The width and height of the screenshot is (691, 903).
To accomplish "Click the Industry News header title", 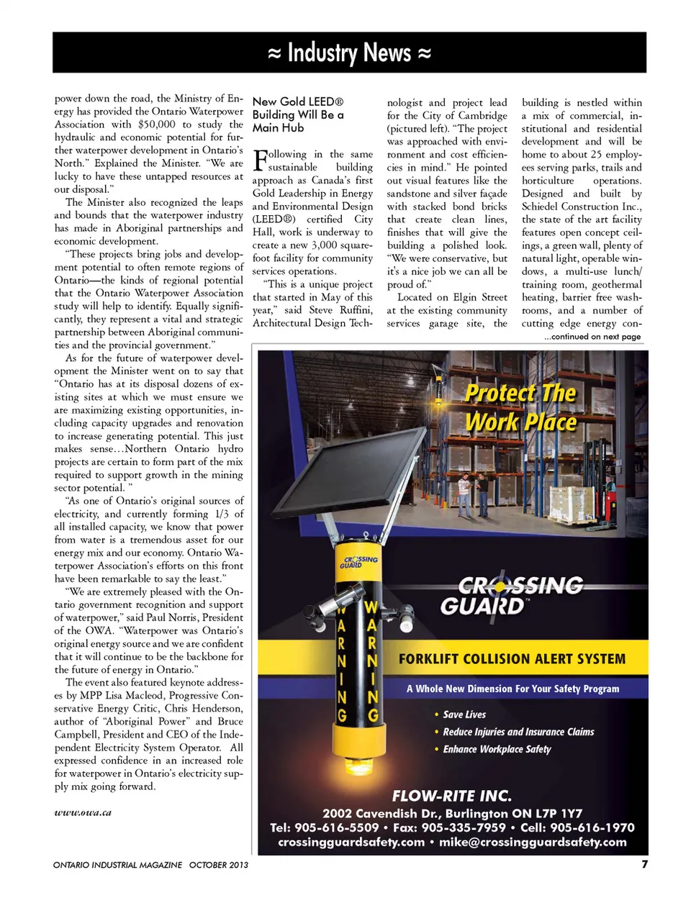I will click(x=349, y=53).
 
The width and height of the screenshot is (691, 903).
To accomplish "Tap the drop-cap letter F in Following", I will click(x=260, y=159).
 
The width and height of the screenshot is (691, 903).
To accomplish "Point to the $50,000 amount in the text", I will click(x=156, y=124).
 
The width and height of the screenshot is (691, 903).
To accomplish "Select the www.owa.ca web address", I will click(x=83, y=812).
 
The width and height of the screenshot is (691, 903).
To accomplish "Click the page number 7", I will click(x=644, y=863).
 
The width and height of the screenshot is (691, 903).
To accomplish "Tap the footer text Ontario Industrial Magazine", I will click(x=118, y=865).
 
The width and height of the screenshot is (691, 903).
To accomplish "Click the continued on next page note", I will click(x=592, y=337).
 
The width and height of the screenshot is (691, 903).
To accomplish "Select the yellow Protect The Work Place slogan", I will click(x=521, y=407).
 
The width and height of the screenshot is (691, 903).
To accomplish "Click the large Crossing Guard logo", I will click(x=512, y=596).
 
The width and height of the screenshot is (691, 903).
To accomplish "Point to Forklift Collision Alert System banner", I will click(x=512, y=658).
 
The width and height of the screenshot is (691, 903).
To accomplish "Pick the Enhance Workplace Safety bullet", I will click(x=497, y=749).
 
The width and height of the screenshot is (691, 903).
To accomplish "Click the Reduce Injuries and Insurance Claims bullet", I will click(x=518, y=732).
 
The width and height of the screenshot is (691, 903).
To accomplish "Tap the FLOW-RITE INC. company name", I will click(x=451, y=796).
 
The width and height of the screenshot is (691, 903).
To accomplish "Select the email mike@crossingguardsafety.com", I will click(x=533, y=842).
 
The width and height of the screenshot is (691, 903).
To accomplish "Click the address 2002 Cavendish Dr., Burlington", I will click(x=452, y=813).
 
